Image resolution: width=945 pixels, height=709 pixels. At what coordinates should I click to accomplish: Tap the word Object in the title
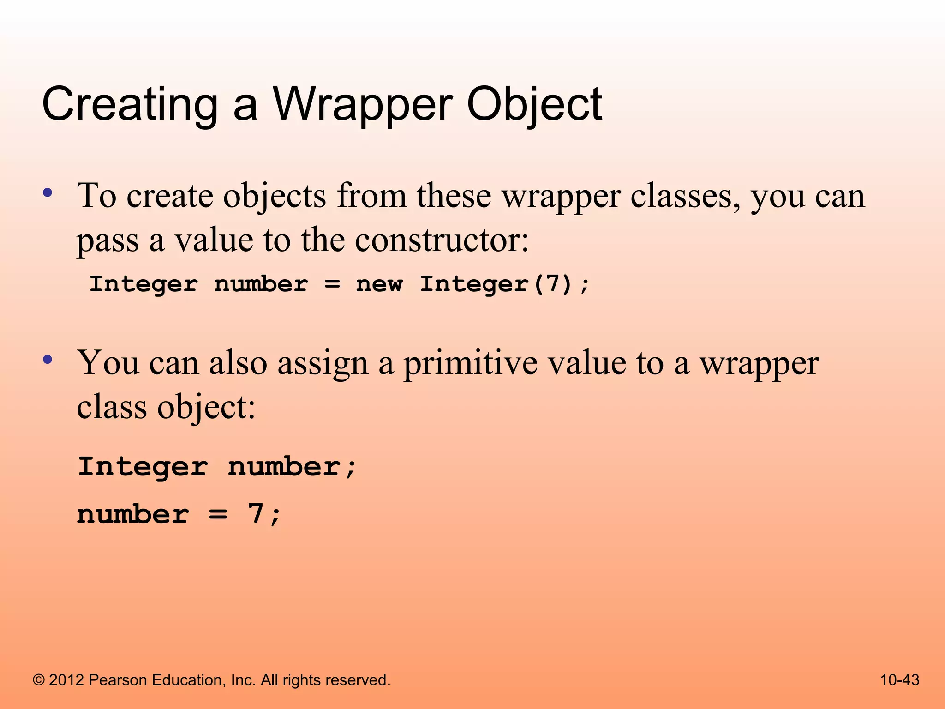[534, 105]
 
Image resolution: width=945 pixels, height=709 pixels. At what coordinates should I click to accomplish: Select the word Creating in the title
[130, 105]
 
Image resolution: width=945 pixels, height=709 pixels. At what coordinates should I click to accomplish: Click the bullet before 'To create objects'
[47, 192]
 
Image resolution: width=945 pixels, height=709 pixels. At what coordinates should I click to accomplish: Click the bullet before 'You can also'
[47, 359]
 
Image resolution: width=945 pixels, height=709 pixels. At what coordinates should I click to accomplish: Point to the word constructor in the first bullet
[442, 240]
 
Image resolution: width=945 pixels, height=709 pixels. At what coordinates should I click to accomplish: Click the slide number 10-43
[899, 680]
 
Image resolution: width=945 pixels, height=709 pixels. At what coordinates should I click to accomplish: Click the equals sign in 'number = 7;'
[218, 514]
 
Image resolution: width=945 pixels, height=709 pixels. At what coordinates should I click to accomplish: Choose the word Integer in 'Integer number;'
[143, 467]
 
